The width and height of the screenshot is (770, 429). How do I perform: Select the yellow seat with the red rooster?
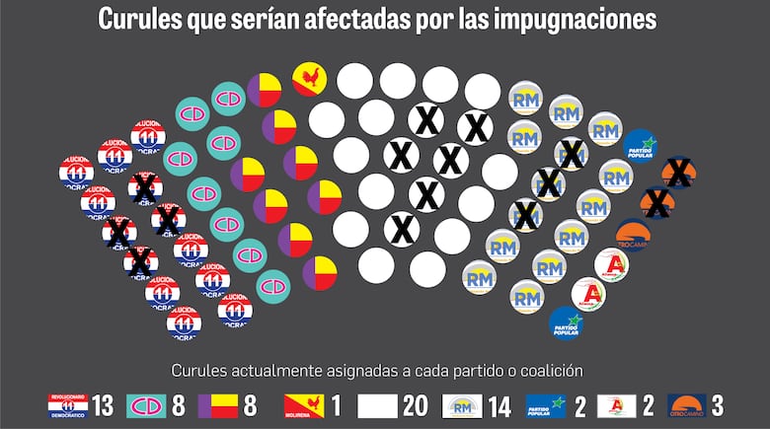tap(309, 79)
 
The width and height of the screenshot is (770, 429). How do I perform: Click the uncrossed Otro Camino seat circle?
tap(631, 235)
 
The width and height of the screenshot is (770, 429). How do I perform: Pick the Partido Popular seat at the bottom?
tap(567, 322)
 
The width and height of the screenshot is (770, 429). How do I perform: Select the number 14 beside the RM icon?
tap(500, 405)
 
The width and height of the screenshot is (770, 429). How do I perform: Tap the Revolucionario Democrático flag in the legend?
tap(68, 405)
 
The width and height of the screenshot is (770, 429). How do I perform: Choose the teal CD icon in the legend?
tap(145, 405)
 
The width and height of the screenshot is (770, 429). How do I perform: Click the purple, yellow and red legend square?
tap(218, 405)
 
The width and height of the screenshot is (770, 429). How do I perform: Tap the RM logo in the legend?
tap(463, 405)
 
